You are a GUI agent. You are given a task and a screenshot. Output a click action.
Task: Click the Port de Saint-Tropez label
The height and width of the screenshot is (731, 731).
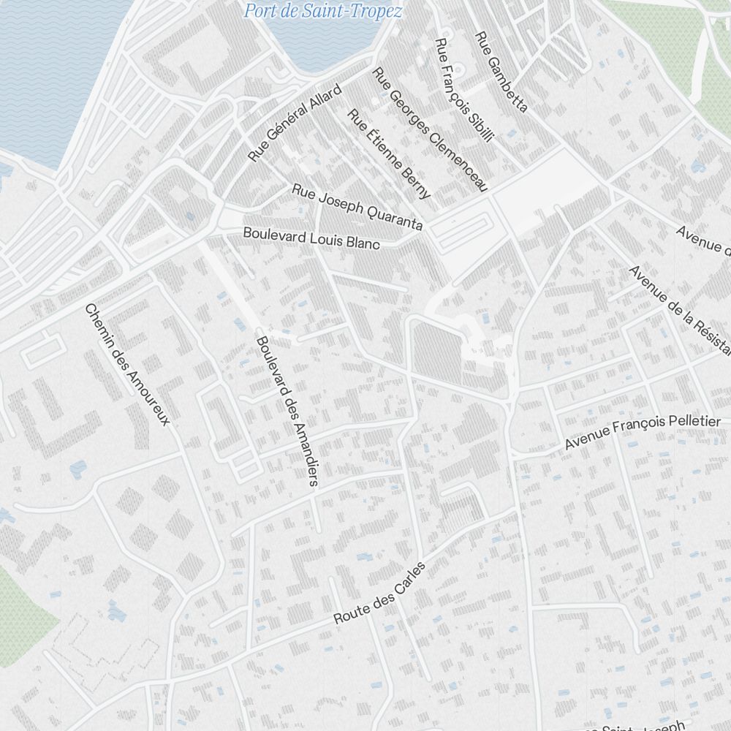[322, 11]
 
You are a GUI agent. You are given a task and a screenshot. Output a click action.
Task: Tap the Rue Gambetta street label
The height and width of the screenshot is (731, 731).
[501, 72]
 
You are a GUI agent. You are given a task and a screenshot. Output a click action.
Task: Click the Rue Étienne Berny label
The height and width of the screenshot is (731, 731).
[389, 154]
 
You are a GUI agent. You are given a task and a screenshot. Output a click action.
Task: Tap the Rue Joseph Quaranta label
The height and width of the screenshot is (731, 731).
[357, 207]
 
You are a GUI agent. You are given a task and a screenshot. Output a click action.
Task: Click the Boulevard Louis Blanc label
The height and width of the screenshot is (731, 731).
[311, 238]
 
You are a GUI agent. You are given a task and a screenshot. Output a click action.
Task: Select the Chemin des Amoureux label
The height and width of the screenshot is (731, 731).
[127, 364]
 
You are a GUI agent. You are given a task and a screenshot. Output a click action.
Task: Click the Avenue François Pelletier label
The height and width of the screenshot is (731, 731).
[643, 433]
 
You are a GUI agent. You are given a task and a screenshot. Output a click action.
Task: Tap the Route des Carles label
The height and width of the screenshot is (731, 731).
[379, 593]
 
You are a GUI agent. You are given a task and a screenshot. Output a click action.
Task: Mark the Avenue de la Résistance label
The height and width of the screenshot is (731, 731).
[680, 306]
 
